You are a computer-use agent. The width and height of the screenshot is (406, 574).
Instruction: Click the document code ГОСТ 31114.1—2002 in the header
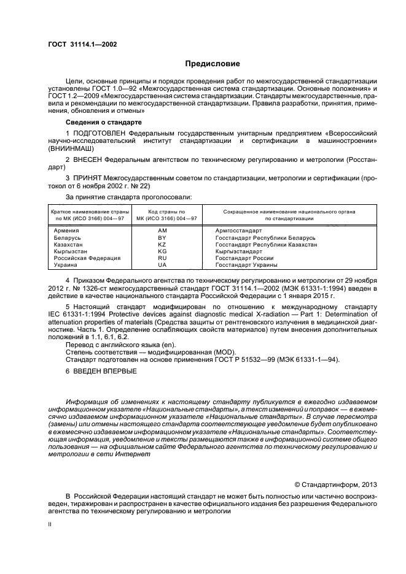coord(82,44)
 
